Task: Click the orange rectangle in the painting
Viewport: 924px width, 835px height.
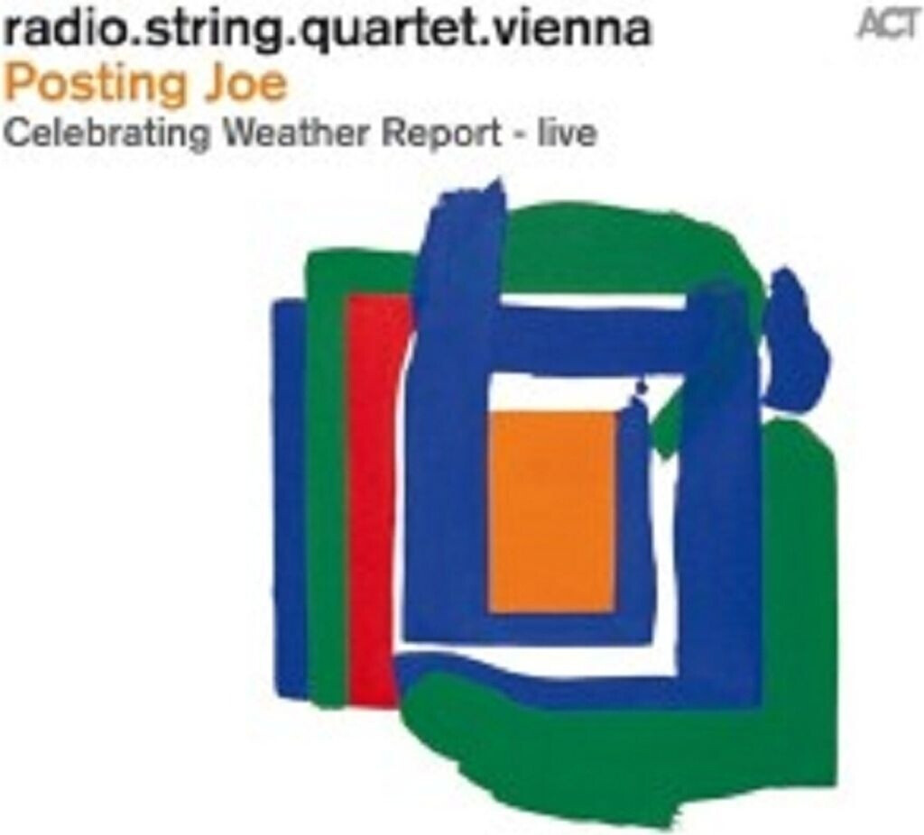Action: (552, 510)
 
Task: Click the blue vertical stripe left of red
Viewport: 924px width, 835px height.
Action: (291, 496)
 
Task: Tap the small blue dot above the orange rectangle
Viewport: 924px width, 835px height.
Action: (642, 389)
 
